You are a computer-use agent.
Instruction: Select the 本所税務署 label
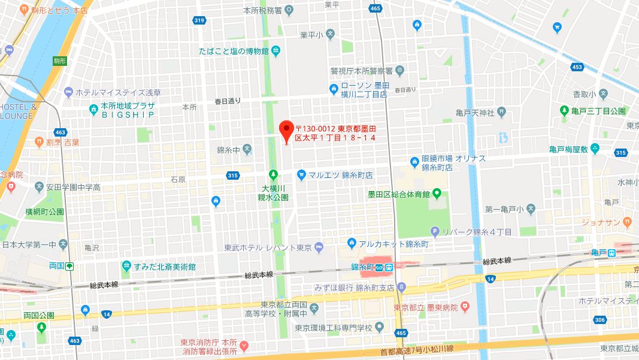tap(262, 10)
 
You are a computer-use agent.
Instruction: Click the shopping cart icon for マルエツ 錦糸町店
tap(302, 175)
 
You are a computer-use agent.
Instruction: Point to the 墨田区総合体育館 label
tap(399, 194)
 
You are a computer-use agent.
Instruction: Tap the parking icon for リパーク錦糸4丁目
tap(435, 232)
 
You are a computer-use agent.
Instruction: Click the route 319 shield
tap(199, 21)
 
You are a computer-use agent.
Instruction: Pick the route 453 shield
tap(577, 67)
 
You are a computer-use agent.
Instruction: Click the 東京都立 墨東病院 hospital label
tap(426, 307)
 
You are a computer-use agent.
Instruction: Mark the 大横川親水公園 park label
tap(273, 192)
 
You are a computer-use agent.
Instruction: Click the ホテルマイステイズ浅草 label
tap(118, 93)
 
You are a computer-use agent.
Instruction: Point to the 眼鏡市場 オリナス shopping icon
tap(414, 162)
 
